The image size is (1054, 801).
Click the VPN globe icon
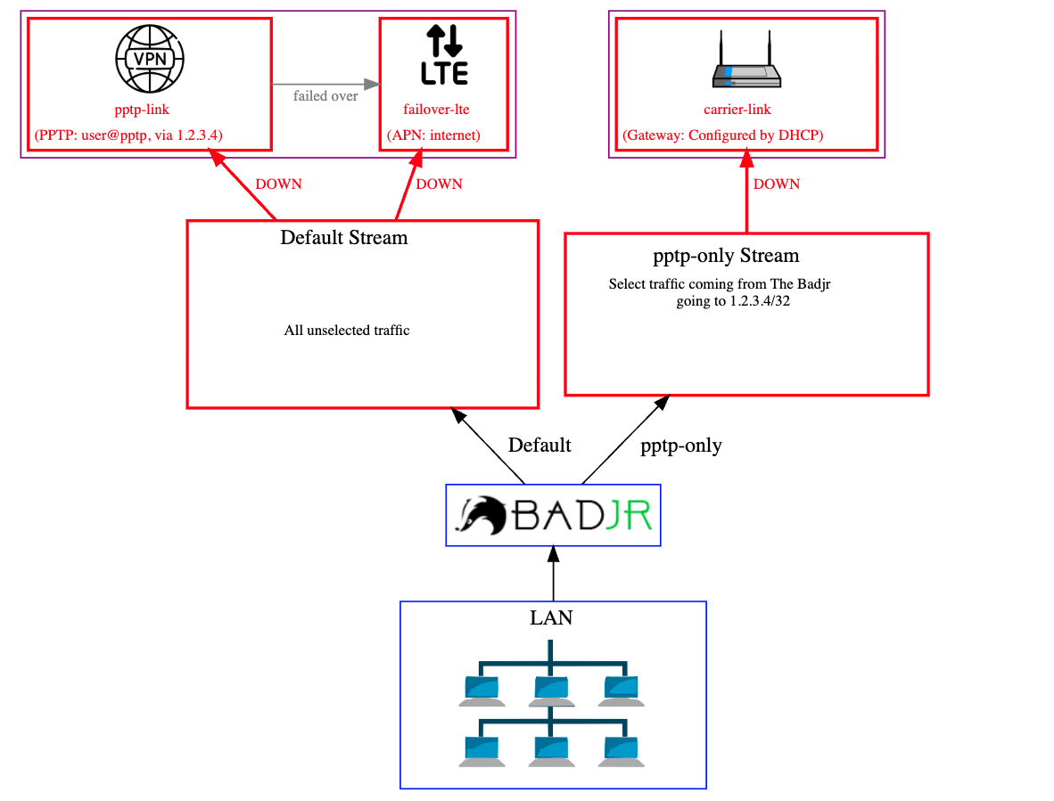150,58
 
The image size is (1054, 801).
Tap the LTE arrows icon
444,55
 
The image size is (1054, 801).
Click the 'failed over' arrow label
325,96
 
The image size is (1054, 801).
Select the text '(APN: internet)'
433,135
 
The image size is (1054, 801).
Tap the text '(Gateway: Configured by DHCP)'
723,135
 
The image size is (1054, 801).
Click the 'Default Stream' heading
343,238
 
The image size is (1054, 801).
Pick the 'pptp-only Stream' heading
726,257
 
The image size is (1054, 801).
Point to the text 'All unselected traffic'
347,331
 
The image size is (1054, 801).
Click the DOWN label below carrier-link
777,184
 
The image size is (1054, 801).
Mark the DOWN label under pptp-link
278,184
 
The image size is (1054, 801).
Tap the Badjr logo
553,515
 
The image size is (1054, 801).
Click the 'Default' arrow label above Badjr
539,445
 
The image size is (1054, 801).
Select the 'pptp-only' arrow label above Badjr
681,445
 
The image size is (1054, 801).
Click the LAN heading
552,617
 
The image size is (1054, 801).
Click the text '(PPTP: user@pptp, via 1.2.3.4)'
128,135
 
